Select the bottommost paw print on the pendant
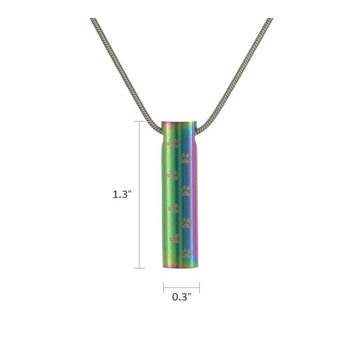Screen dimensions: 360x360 tap(187, 253)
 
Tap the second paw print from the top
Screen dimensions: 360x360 tap(186, 159)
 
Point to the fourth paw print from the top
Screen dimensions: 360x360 tap(186, 191)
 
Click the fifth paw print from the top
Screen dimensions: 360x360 tap(174, 208)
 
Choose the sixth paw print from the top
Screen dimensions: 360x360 tap(186, 223)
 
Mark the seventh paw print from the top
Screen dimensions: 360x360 tap(175, 238)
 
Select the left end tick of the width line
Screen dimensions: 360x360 tap(164, 287)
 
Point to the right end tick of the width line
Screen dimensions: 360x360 tap(199, 287)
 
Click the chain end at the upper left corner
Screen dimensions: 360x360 tap(93, 20)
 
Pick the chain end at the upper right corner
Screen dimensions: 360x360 tap(271, 20)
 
